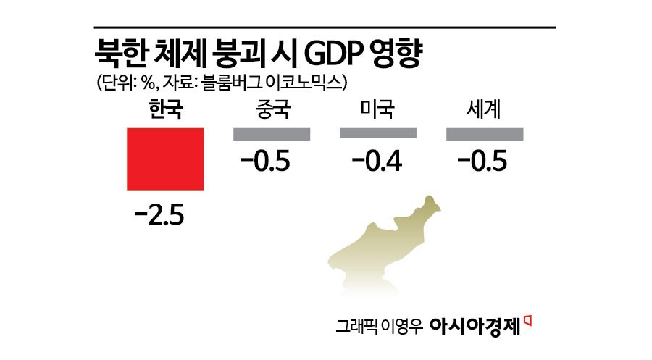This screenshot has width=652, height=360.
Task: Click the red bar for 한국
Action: [x=165, y=159]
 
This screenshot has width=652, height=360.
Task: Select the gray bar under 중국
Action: [x=272, y=134]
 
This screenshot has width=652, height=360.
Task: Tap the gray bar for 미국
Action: [x=378, y=134]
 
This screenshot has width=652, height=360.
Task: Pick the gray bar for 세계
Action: [x=485, y=134]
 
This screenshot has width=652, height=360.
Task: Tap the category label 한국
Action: [x=165, y=110]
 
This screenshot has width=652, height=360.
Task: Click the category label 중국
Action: [x=272, y=110]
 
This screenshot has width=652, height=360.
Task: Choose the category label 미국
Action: [x=378, y=110]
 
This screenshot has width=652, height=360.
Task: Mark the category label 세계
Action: [x=485, y=110]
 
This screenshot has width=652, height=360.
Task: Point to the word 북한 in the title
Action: [x=119, y=54]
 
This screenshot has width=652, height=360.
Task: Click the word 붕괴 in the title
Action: [x=235, y=54]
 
